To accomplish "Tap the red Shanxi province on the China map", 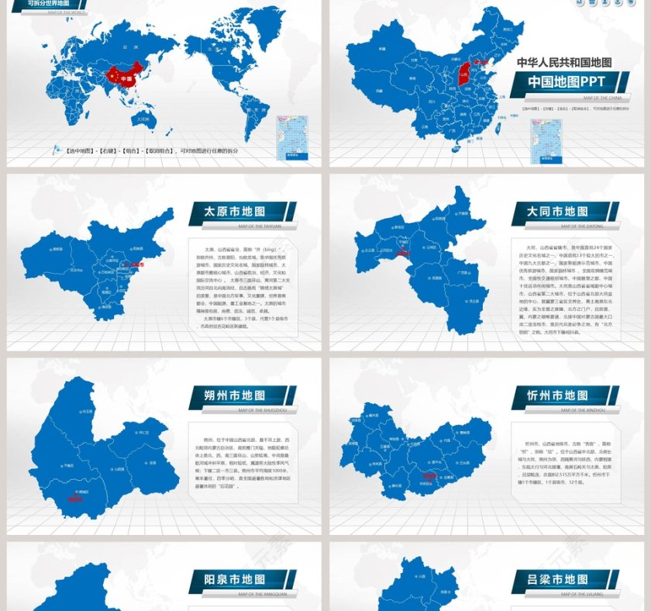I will click(463, 75).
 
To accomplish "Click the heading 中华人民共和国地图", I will click(564, 62).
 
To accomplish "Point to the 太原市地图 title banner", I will click(240, 212).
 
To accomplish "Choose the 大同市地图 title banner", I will click(563, 212).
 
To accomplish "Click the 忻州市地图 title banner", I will click(563, 395).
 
